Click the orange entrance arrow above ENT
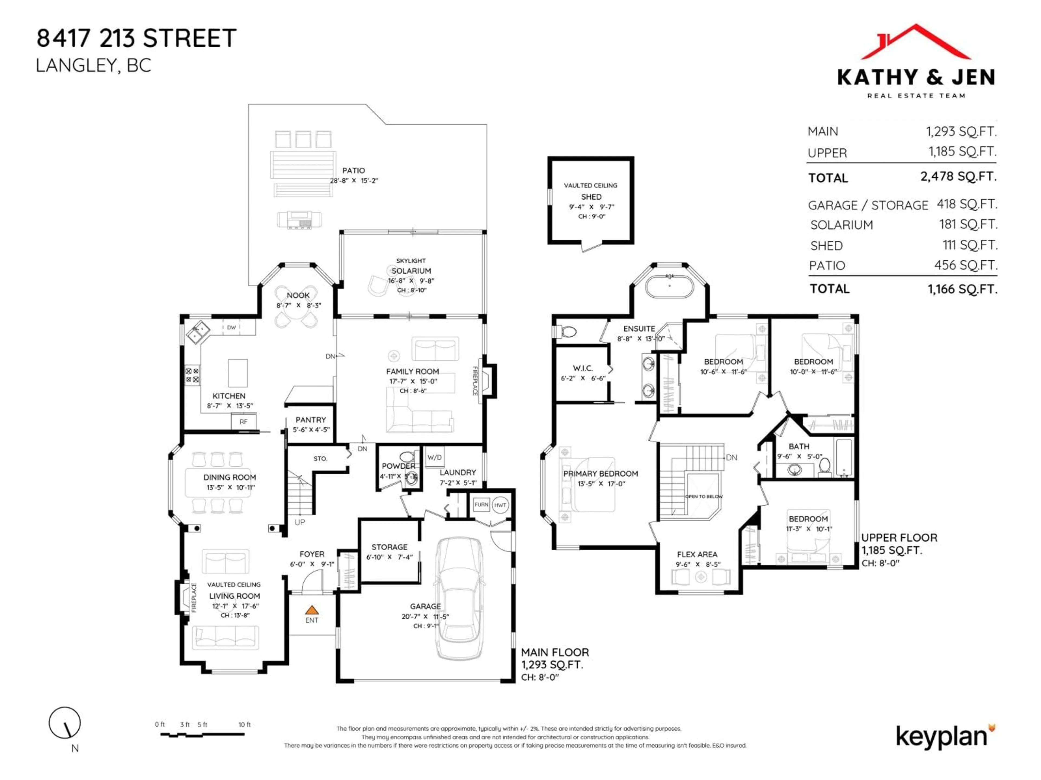[311, 610]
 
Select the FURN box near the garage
[481, 505]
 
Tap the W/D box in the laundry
[434, 457]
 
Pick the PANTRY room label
[311, 419]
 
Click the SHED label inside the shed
[591, 197]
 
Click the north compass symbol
[65, 723]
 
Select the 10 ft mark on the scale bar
[244, 724]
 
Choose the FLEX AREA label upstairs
[697, 554]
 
